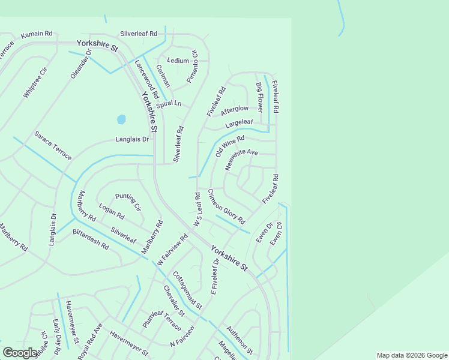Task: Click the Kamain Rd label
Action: point(37,35)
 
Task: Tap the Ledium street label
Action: point(178,61)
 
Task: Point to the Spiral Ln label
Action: point(168,104)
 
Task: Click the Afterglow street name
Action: point(234,110)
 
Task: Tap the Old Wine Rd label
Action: point(230,145)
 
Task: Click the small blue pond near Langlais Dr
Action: point(121,119)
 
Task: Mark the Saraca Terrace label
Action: point(53,145)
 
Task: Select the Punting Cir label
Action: point(128,202)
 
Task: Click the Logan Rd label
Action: point(112,211)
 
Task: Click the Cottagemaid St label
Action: point(187,290)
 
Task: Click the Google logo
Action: point(20,353)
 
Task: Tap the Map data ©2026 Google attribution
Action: point(412,355)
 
